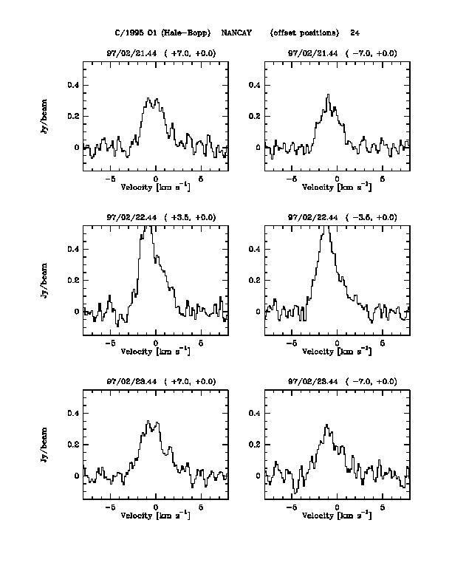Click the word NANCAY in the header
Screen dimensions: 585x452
point(236,33)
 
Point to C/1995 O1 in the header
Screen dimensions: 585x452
point(135,33)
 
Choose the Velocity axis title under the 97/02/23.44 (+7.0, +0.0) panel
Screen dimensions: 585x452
point(155,515)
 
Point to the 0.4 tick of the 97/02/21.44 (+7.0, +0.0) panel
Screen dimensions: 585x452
point(73,86)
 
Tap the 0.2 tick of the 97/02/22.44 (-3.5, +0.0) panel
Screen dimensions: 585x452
point(256,281)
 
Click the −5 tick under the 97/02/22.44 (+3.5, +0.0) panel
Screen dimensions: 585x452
point(109,343)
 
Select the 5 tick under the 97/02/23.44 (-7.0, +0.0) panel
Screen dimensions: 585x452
point(383,507)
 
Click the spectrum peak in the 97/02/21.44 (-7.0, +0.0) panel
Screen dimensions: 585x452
point(329,95)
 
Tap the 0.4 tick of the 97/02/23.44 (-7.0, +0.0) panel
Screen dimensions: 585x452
point(256,414)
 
